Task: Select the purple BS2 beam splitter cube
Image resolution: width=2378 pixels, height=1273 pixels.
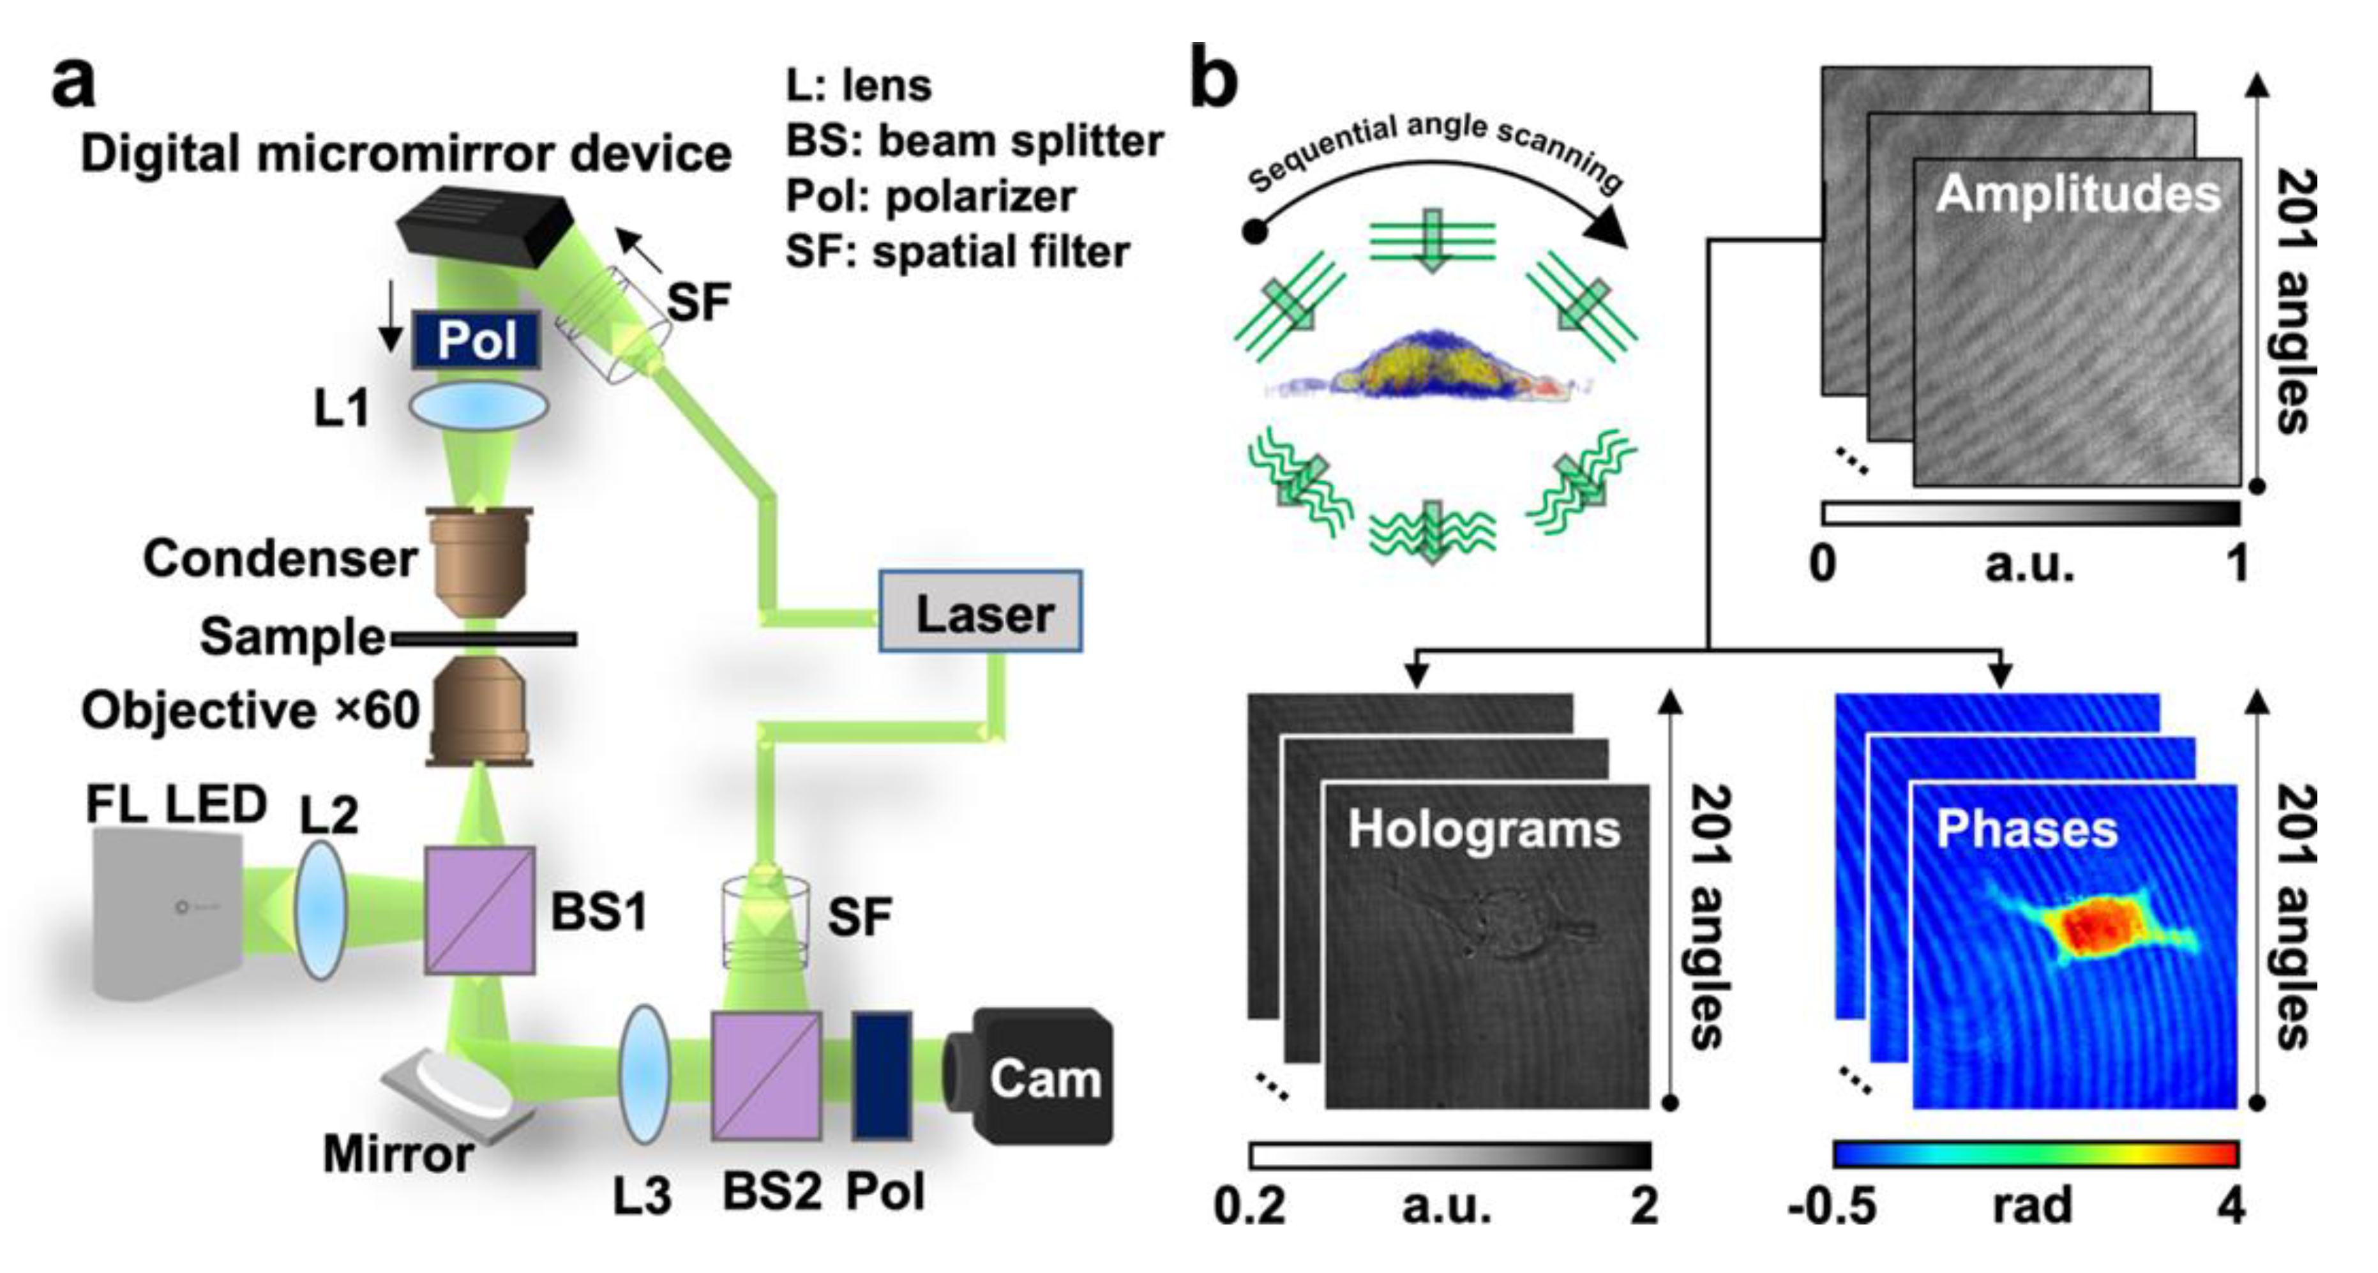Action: pyautogui.click(x=766, y=1076)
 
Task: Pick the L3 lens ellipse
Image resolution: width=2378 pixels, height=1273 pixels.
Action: pyautogui.click(x=643, y=1076)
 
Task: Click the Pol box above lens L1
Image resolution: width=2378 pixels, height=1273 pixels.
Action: pyautogui.click(x=476, y=340)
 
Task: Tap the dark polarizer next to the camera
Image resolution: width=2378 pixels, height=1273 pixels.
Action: pyautogui.click(x=882, y=1076)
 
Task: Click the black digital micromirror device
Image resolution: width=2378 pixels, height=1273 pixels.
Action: pyautogui.click(x=485, y=228)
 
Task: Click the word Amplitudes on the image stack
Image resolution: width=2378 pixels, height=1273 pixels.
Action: pyautogui.click(x=2078, y=195)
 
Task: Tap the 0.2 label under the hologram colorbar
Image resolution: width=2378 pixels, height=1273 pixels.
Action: pyautogui.click(x=1250, y=1205)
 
